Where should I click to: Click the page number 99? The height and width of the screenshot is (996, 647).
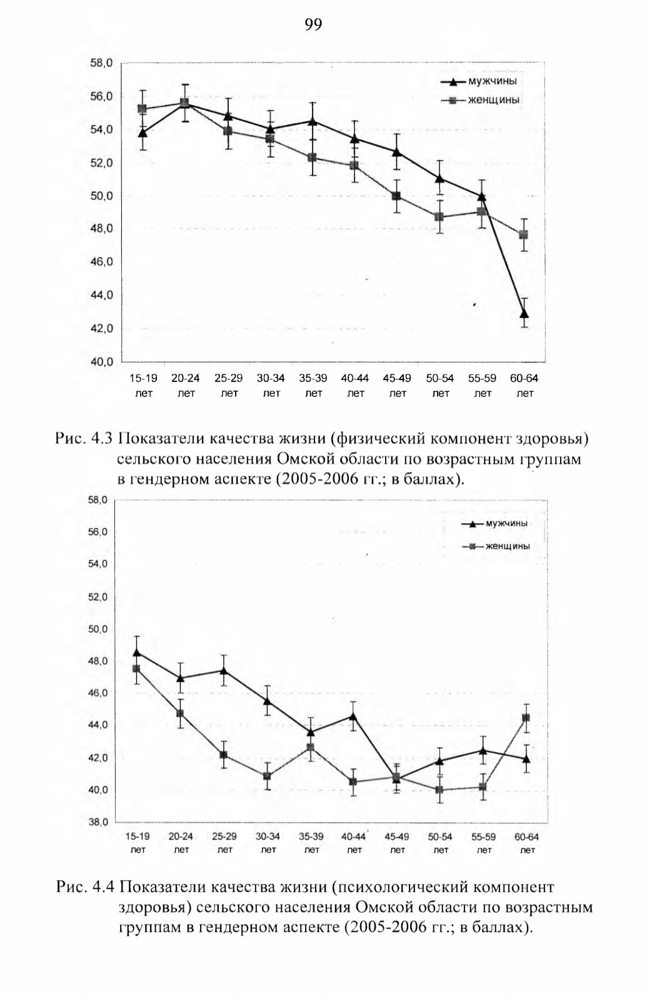coord(313,25)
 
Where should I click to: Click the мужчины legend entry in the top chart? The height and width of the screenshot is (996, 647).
coord(479,82)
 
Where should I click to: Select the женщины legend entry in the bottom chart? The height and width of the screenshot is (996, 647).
coord(496,546)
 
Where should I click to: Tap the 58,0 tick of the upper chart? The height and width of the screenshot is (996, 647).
coord(101,63)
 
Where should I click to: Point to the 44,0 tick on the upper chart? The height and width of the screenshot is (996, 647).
coord(101,295)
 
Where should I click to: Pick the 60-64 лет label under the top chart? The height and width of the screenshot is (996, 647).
coord(524,386)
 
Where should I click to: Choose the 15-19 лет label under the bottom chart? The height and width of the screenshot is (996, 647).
coord(138,843)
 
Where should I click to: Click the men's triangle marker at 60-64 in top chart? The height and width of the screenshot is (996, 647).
coord(524,313)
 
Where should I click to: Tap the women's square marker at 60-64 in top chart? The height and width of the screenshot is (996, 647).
coord(524,234)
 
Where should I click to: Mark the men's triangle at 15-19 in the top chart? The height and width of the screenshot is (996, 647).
coord(143,133)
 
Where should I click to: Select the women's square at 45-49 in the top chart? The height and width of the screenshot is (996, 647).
coord(396,196)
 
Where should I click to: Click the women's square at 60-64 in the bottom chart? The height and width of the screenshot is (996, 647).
coord(526,718)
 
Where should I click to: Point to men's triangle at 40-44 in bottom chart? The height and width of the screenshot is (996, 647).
coord(353,717)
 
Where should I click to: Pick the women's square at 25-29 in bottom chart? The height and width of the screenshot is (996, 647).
coord(224,755)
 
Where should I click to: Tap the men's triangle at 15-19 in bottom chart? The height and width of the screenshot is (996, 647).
coord(137,652)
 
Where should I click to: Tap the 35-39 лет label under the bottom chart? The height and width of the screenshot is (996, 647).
coord(311,843)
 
